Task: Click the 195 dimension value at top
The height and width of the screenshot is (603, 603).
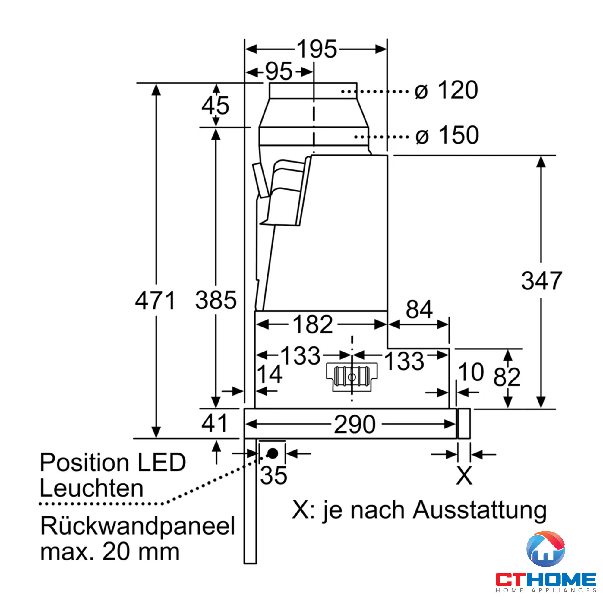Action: point(317,49)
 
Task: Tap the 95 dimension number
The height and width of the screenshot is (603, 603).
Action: point(279,72)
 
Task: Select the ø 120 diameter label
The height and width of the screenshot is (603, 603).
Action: point(446,90)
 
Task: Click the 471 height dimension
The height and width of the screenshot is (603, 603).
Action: point(155,300)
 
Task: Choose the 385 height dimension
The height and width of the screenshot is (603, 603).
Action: point(216,300)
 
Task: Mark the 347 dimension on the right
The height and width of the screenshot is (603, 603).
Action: point(542,281)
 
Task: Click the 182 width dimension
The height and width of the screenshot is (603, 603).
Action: point(313,325)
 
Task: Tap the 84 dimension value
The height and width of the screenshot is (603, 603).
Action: point(419,309)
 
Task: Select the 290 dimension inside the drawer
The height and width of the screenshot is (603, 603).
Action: point(355,424)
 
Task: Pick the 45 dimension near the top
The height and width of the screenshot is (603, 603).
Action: point(215,105)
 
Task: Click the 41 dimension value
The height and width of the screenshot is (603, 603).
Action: point(214,423)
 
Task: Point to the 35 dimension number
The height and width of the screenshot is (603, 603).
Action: point(274,476)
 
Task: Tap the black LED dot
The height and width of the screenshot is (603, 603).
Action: point(273,453)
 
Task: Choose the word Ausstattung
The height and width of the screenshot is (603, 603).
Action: point(480,511)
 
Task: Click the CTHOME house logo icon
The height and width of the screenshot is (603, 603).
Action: point(546,549)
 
